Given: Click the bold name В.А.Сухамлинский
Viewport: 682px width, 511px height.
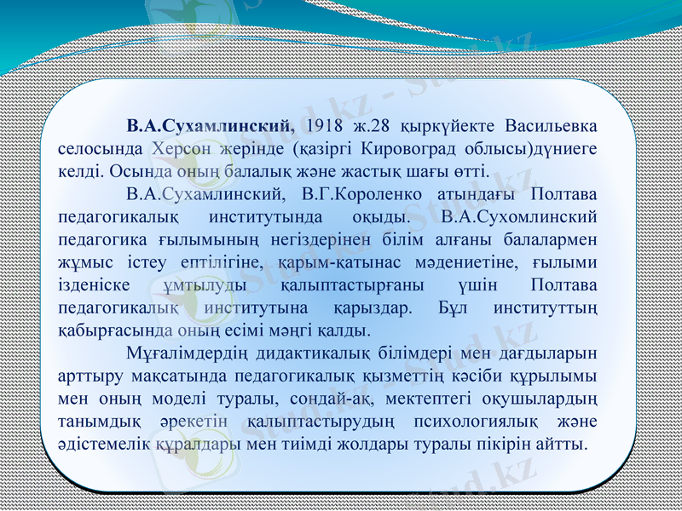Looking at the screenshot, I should pyautogui.click(x=209, y=126).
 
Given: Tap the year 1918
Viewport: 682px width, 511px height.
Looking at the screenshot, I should pyautogui.click(x=322, y=126).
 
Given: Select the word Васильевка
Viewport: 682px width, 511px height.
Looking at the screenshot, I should pyautogui.click(x=550, y=126).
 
